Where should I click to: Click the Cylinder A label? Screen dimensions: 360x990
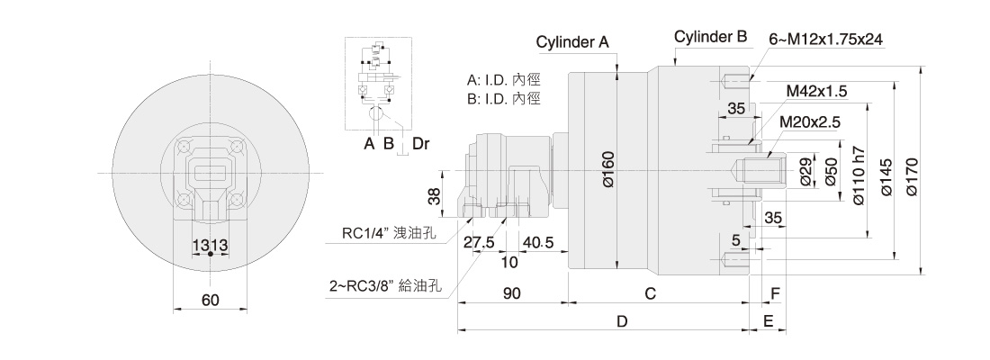pos(573,42)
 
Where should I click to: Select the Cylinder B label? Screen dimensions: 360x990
pos(711,37)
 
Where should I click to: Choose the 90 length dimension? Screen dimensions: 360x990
pos(512,293)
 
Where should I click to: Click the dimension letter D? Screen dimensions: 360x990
pos(620,320)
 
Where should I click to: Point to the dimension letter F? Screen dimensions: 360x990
pos(774,293)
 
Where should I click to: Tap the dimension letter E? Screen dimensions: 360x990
pos(769,320)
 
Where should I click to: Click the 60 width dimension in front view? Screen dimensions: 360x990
pos(210,301)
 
